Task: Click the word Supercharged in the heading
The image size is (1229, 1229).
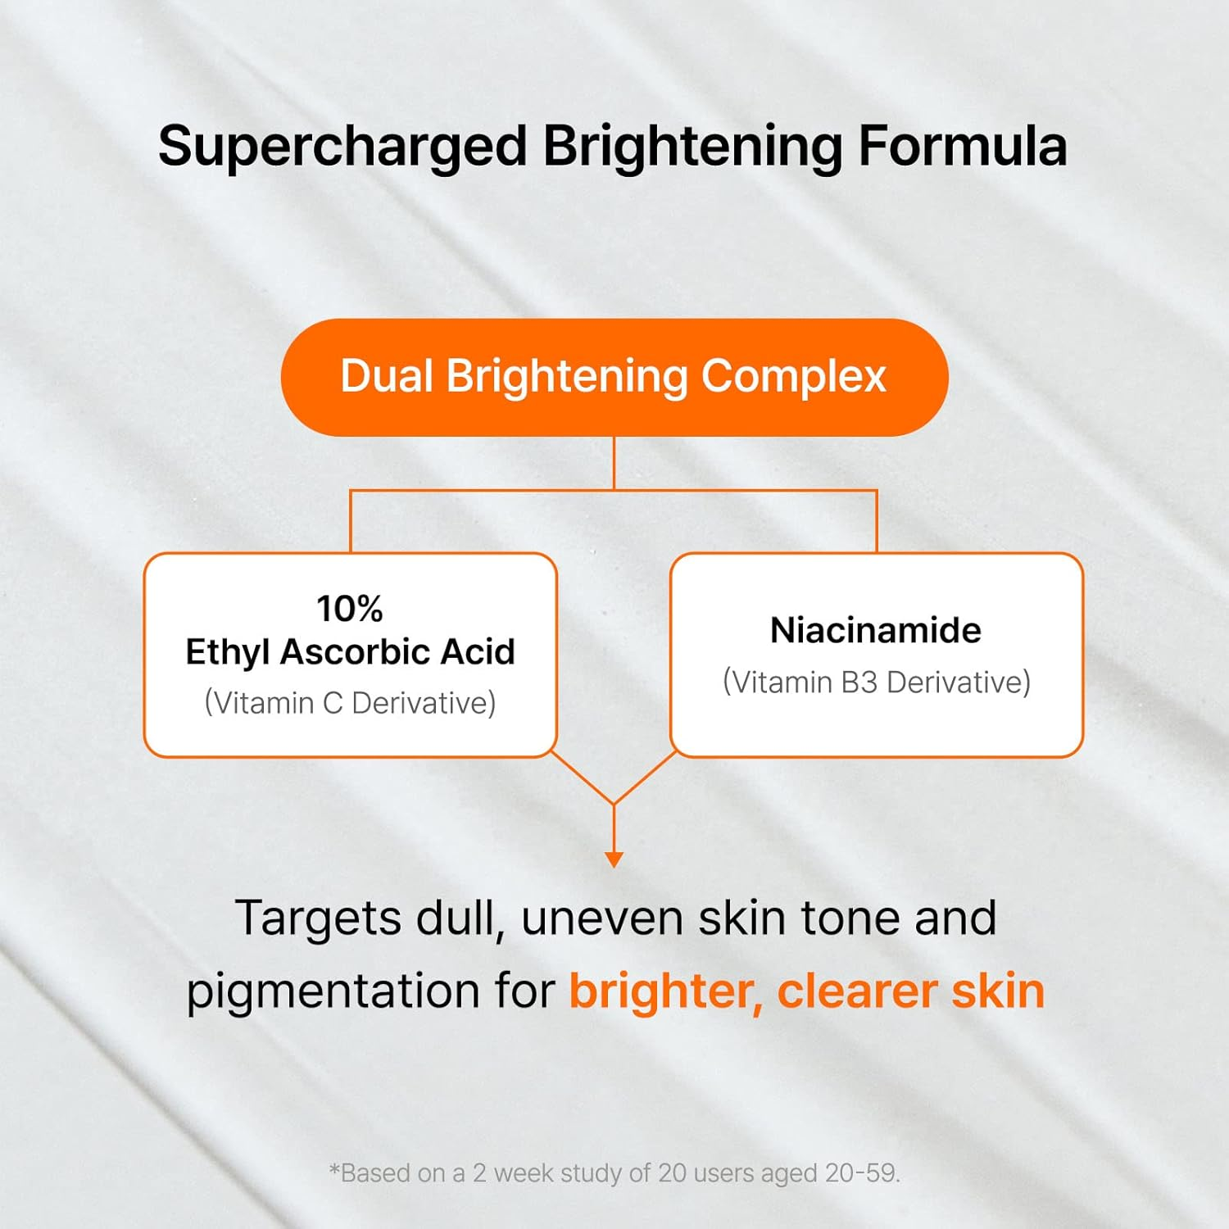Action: (342, 147)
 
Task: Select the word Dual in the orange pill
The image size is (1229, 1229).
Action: (386, 376)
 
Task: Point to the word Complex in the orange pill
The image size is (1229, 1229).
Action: (793, 378)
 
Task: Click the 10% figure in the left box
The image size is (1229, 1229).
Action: (350, 609)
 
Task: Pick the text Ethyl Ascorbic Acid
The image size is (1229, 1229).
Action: (350, 652)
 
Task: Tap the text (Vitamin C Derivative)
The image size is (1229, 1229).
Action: (350, 703)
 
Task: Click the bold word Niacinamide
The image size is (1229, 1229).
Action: (876, 630)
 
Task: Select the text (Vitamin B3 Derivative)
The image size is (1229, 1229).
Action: (876, 682)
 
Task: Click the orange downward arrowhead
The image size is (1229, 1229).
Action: (614, 859)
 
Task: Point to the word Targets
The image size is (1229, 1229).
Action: (318, 918)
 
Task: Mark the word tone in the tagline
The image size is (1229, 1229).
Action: (850, 918)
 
